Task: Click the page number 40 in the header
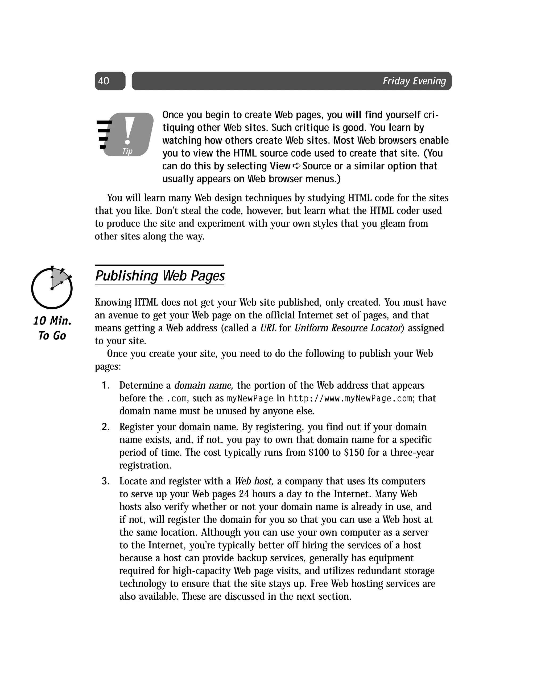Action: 104,81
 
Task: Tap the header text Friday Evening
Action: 414,81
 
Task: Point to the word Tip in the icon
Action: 127,151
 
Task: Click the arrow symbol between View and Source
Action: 296,166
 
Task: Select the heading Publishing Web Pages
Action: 160,276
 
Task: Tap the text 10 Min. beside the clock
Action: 52,321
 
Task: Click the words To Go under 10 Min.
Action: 52,335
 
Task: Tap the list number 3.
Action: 105,481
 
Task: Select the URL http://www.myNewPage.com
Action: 350,398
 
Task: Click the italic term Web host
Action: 254,481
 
